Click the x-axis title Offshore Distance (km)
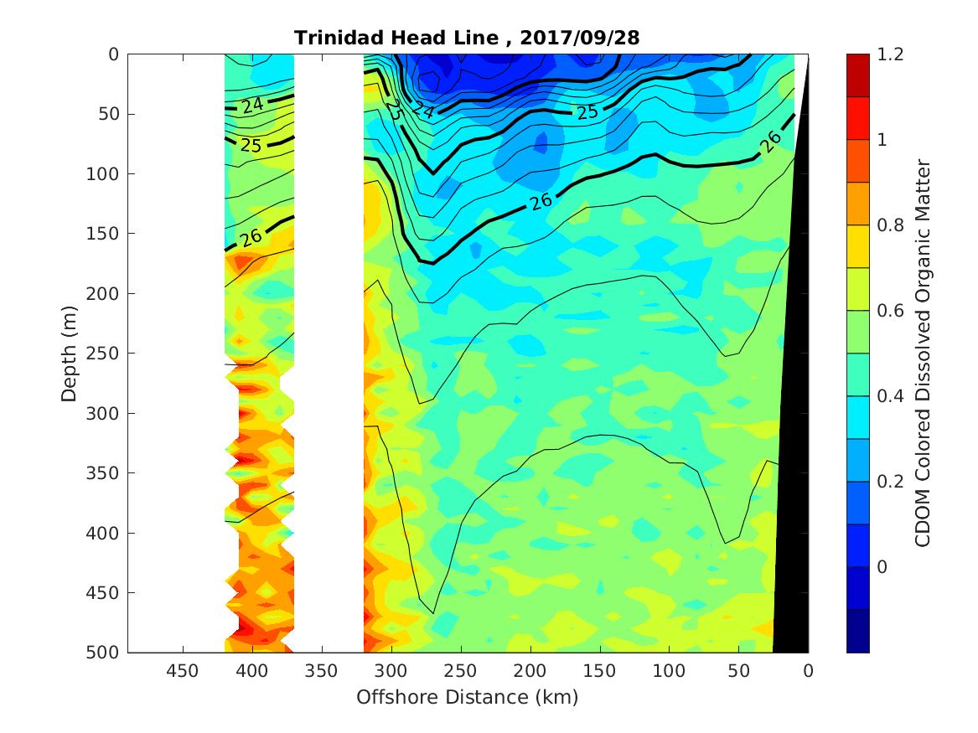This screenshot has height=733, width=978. click(x=468, y=697)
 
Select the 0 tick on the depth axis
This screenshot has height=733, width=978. click(x=114, y=54)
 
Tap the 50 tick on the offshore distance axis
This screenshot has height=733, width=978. click(x=738, y=671)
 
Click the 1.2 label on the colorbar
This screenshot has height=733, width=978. click(x=888, y=54)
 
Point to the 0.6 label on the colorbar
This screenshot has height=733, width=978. click(x=888, y=311)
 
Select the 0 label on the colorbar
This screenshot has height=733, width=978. click(x=882, y=567)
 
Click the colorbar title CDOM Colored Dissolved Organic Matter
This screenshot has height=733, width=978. click(x=922, y=353)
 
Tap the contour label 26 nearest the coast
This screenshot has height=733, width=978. click(x=771, y=142)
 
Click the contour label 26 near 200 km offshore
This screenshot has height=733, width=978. click(x=541, y=201)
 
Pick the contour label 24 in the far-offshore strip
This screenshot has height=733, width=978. click(x=251, y=106)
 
